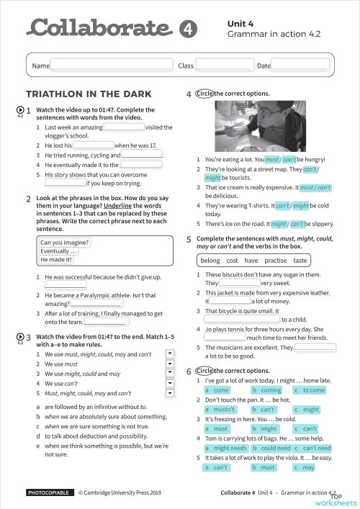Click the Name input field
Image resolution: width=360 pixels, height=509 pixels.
[x=111, y=66]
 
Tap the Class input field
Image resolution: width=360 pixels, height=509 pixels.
[x=223, y=66]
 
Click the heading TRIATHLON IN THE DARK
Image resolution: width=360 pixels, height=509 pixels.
[x=89, y=94]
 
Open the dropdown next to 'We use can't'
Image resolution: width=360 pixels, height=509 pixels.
[x=170, y=384]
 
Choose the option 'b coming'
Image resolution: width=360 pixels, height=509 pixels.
[x=266, y=389]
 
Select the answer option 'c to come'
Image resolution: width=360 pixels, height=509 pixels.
[x=311, y=389]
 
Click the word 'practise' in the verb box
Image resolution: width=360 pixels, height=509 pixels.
[x=276, y=260]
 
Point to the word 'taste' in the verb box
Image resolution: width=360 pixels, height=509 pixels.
[x=300, y=260]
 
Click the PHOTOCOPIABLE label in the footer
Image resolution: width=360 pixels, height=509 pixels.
[x=49, y=492]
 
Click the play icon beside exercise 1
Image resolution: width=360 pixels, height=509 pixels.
[x=19, y=110]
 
